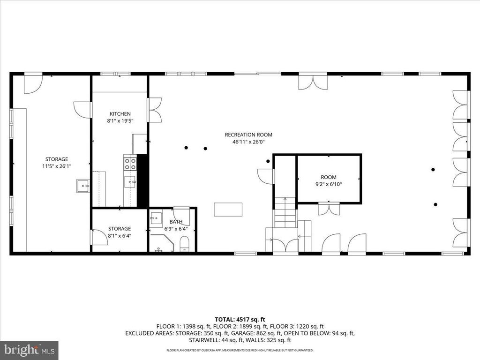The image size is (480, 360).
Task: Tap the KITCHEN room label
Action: coord(120,114)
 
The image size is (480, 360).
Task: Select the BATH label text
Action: coord(176,222)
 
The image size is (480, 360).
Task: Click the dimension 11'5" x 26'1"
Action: coord(56,165)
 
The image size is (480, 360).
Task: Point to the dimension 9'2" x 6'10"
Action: coord(329,184)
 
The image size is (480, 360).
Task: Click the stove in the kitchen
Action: coord(130,163)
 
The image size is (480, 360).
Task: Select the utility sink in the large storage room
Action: coord(83,186)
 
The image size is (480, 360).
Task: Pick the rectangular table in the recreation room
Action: coord(228,209)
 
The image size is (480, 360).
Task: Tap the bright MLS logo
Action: coord(29,350)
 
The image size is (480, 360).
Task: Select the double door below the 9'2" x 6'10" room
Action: coord(329,209)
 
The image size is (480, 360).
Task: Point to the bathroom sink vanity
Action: coord(156,219)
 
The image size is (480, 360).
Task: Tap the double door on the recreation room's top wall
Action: coord(313,82)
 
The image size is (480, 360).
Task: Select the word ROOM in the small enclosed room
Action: coord(329,177)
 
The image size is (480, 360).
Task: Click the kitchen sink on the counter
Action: coord(133,180)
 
